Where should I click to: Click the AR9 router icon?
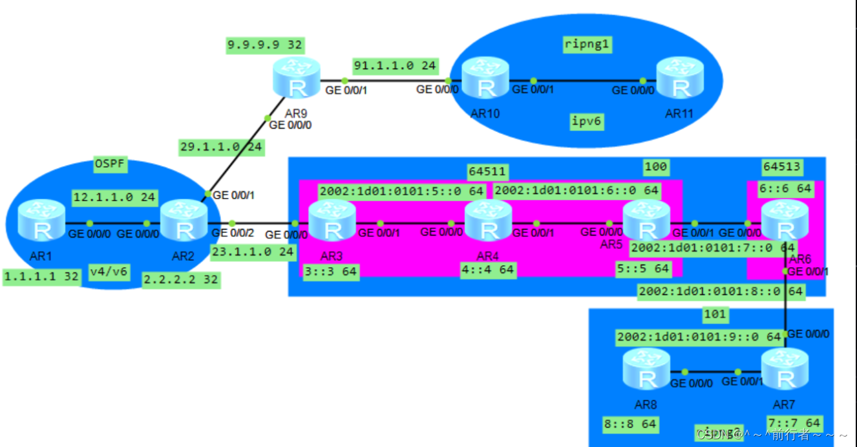[x=296, y=78]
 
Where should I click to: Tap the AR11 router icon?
[x=679, y=78]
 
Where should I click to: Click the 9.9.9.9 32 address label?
[x=265, y=45]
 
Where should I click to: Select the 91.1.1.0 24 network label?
[x=395, y=65]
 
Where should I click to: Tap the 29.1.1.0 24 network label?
[x=221, y=147]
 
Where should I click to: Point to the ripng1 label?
[x=587, y=45]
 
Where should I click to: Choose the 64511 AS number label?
[x=487, y=171]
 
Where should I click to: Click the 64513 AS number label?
[x=782, y=167]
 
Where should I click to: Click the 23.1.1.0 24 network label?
[x=252, y=252]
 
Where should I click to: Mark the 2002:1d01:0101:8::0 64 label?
[x=720, y=292]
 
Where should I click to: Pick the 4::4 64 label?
[x=488, y=269]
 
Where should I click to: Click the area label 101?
[x=715, y=315]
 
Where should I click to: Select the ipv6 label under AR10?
[x=587, y=122]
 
